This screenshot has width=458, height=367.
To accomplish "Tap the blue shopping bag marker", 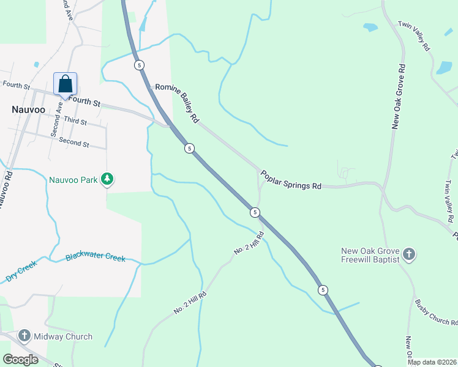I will tap(65, 84).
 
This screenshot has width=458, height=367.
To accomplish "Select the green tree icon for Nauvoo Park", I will tap(108, 179).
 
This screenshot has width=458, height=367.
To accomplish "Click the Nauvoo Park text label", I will tap(73, 180).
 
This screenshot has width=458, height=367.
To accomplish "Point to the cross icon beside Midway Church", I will tap(24, 336).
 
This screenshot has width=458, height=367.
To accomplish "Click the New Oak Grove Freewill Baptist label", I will tap(371, 255).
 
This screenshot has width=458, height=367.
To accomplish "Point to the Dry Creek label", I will tap(21, 271).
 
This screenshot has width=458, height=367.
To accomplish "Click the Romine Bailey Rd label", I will tap(178, 102).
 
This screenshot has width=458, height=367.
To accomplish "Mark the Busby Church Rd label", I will tap(435, 311).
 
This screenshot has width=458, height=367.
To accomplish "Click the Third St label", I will tap(75, 122).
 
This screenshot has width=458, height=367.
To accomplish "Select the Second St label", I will tap(74, 143).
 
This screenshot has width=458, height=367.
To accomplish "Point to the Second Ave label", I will tap(56, 117).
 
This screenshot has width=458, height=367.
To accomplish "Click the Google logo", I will tap(21, 359).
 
